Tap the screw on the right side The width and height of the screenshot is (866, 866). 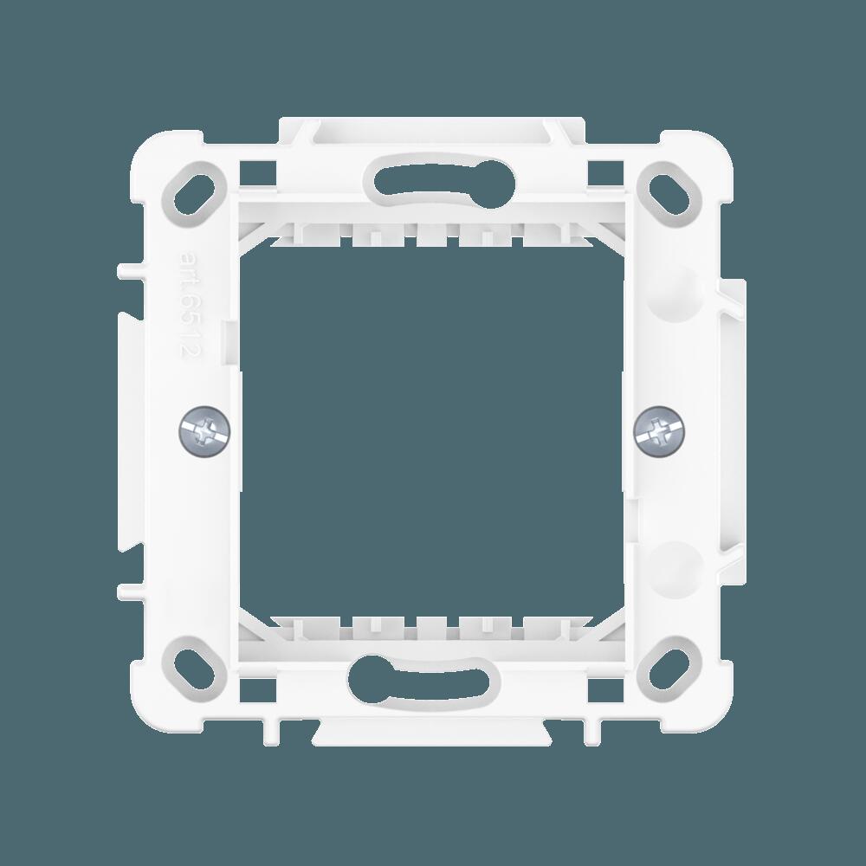pos(661,430)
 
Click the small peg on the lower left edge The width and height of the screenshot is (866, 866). pos(126,591)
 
